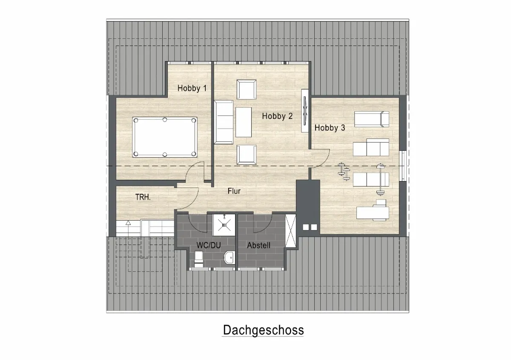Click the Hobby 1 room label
(192, 88)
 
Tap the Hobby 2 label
(277, 116)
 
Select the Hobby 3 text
(330, 128)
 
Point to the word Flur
(234, 191)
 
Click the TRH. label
(143, 197)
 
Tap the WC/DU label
(209, 245)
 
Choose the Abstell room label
(259, 245)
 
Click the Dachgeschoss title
(263, 330)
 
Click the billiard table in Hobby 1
(165, 137)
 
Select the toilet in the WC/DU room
(199, 259)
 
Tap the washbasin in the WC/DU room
(229, 257)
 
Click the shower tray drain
(224, 225)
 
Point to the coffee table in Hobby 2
(244, 122)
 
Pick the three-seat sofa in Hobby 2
(223, 122)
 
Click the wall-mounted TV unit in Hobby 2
(305, 110)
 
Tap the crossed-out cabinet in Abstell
(290, 230)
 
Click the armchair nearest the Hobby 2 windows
(247, 89)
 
